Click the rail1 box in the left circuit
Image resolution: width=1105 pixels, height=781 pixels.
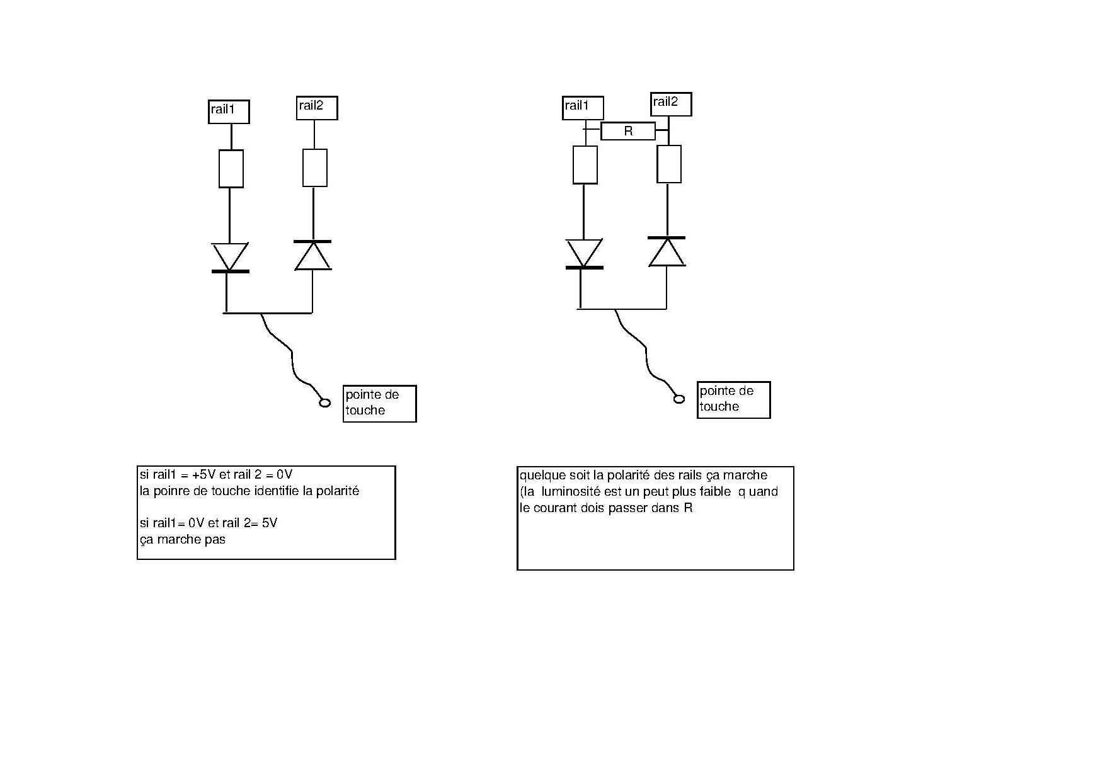[229, 111]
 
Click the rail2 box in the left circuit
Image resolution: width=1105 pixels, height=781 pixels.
[317, 108]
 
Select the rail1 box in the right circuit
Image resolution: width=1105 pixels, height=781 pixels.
[583, 108]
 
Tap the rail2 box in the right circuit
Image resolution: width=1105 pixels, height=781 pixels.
[671, 104]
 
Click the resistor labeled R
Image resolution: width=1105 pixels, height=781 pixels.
[628, 131]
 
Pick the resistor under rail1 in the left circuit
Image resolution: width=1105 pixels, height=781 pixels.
[231, 169]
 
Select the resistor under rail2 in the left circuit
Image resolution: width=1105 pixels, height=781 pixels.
[315, 168]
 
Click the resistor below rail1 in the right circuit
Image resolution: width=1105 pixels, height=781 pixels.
[585, 165]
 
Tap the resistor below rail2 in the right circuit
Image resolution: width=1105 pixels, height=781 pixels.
[669, 164]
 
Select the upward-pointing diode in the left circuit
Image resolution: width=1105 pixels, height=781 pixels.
[313, 255]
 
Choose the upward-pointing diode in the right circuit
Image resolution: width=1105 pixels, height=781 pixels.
[667, 252]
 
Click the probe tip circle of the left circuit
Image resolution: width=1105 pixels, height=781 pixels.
[325, 402]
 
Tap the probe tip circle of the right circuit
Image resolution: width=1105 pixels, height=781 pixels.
[679, 399]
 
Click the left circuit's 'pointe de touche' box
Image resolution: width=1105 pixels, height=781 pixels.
[379, 403]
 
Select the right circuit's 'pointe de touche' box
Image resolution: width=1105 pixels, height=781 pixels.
[733, 399]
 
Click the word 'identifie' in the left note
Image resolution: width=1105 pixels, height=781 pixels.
[275, 491]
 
